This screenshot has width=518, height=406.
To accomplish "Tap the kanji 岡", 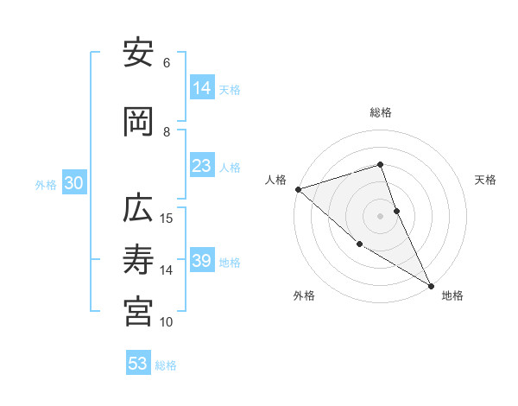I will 138,124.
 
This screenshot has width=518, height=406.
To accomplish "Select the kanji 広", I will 138,211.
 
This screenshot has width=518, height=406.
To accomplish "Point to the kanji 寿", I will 138,262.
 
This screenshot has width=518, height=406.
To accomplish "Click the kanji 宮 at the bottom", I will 138,313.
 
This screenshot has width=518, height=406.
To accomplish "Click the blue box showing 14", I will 202,88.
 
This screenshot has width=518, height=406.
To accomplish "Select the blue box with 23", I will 202,166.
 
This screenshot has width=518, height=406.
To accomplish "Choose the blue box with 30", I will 73,184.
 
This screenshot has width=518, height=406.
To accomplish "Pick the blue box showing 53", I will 138,364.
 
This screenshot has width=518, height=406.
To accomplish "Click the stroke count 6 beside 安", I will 167,62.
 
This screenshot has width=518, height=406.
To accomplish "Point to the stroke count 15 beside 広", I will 167,218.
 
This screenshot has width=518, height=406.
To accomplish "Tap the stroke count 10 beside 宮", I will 167,321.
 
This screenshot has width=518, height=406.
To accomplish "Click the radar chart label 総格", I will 381,112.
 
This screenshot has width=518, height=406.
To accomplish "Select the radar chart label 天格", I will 485,180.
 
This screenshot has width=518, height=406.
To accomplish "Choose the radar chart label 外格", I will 304,295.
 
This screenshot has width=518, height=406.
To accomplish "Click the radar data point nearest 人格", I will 298,188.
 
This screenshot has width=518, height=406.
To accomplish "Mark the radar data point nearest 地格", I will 431,285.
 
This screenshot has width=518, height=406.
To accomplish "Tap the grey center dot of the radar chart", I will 381,216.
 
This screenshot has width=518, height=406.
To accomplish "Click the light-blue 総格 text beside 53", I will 166,365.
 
